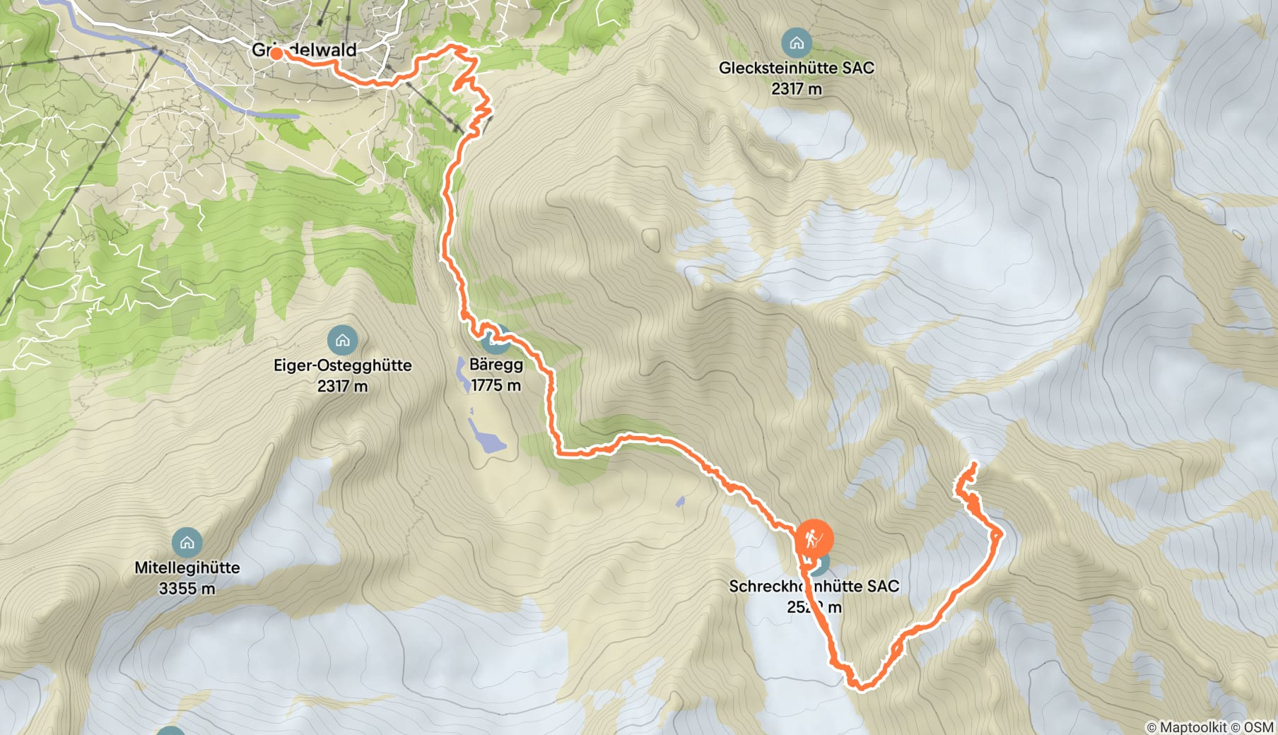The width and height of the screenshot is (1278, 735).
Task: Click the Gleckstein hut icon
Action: [x=797, y=43]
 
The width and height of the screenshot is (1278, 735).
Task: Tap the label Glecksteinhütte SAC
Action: [x=797, y=68]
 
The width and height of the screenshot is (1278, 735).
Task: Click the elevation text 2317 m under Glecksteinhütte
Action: [x=797, y=89]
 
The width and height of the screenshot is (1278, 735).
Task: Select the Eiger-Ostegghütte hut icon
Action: [x=342, y=341]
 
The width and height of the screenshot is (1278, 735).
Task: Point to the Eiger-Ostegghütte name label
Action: [x=342, y=365]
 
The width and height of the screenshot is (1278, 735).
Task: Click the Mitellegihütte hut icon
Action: [x=187, y=543]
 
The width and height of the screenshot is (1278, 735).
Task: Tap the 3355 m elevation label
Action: [x=187, y=589]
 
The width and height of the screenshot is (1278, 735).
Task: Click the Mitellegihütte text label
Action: [x=187, y=568]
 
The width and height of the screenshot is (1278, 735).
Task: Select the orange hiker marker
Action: [x=814, y=540]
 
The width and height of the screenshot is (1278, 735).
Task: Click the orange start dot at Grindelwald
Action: [x=276, y=53]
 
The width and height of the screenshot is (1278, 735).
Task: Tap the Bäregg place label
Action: [x=496, y=365]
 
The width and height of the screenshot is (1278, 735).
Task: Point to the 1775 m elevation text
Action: [x=496, y=385]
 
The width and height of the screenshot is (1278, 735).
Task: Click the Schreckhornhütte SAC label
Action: [x=814, y=587]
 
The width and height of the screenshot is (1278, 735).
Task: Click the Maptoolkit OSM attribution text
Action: [x=1209, y=727]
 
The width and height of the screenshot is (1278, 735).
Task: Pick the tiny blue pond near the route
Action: [x=680, y=502]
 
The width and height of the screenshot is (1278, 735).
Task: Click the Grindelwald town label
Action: [x=304, y=50]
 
